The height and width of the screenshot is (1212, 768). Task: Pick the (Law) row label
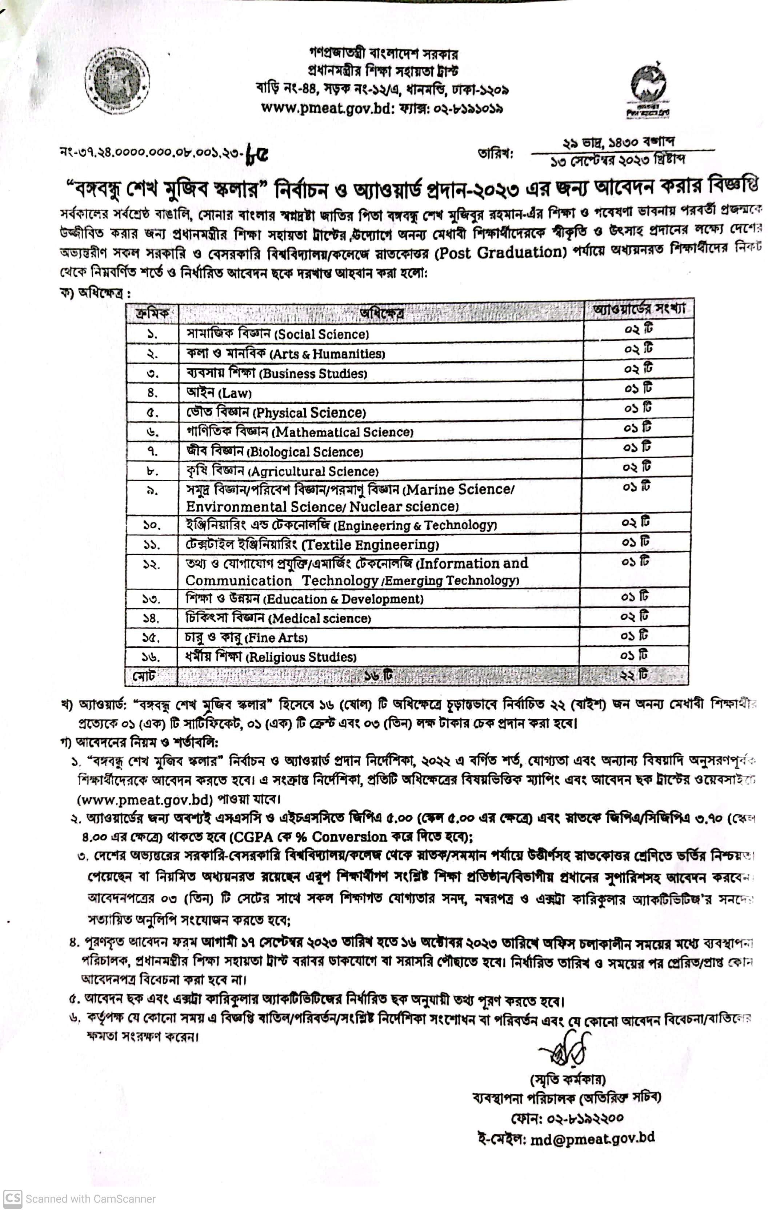tap(234, 393)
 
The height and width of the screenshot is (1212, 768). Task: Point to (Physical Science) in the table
tap(309, 413)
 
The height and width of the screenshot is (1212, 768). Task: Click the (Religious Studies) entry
tap(301, 657)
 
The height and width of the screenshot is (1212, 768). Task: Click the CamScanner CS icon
tap(13, 1199)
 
